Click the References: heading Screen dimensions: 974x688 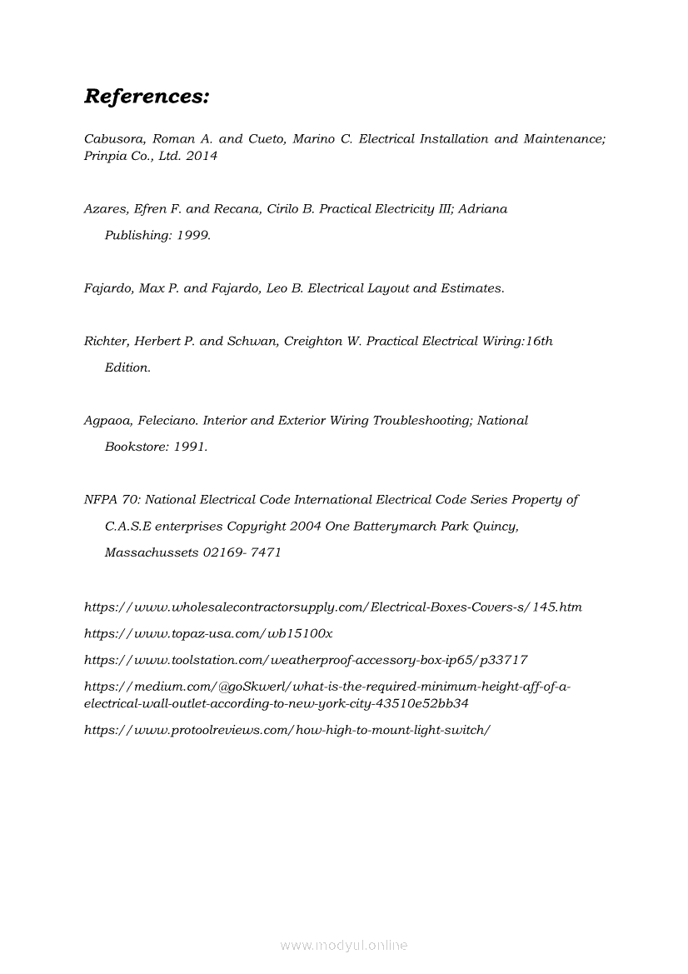point(147,97)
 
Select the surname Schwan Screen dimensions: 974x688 point(252,341)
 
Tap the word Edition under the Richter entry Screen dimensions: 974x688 point(127,367)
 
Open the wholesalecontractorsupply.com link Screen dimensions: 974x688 point(333,607)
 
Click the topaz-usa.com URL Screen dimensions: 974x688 point(208,633)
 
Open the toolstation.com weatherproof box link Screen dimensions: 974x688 point(306,660)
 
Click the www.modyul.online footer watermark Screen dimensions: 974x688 point(344,946)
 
